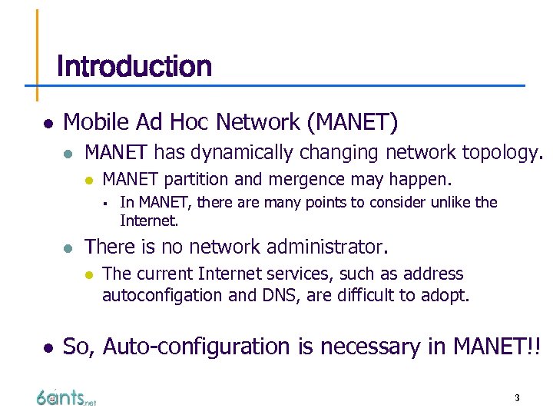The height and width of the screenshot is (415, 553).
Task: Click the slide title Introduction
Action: pos(134,67)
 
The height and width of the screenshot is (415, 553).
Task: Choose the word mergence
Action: pos(306,180)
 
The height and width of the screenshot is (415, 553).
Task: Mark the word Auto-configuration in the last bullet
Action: pos(191,347)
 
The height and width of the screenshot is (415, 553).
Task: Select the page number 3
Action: pos(517,398)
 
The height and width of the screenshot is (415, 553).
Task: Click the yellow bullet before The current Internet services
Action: pos(88,274)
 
